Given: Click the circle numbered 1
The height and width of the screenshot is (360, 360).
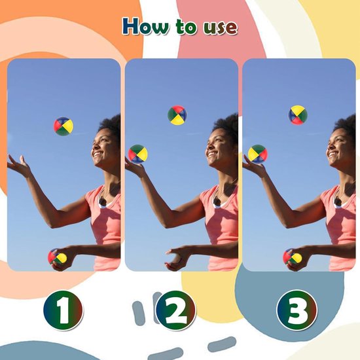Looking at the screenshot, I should pos(63,312).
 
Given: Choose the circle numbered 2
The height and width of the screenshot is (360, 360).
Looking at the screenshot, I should pos(176,312).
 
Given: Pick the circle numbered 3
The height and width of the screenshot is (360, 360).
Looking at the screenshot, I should pos(297,312).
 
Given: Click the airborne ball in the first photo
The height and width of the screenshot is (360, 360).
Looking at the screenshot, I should pos(63,126).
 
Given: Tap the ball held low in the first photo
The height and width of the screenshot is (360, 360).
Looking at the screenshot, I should pos(57,257).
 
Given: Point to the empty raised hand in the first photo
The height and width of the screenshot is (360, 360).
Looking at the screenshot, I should pos(20,166).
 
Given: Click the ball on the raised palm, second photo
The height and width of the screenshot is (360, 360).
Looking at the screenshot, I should pos(138,154).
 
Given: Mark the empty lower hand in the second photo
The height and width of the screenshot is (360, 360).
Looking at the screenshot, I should pos(176,257).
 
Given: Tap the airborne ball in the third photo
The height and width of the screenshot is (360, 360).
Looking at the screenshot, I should pos(298,115).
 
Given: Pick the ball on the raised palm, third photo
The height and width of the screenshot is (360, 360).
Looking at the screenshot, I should pos(257,154).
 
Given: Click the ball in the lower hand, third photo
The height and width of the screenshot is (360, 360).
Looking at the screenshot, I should pos(293,257).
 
